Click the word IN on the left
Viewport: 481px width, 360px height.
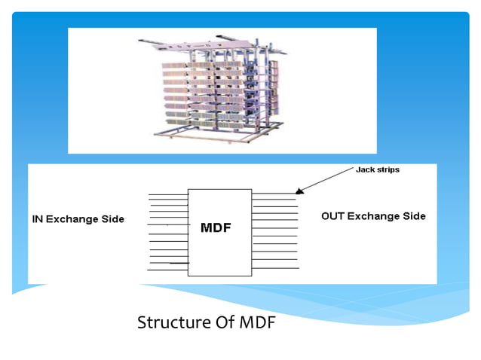click(x=37, y=219)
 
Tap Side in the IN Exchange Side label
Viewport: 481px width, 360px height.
click(x=112, y=219)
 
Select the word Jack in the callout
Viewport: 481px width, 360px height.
click(x=366, y=170)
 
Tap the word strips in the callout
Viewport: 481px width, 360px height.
click(x=388, y=170)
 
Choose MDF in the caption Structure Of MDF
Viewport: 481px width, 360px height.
click(x=255, y=323)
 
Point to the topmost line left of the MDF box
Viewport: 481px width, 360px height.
click(x=167, y=195)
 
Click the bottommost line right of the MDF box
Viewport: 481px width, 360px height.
click(x=275, y=268)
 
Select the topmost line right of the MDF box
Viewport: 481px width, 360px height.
click(x=275, y=194)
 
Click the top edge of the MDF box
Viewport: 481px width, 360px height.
click(x=219, y=189)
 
